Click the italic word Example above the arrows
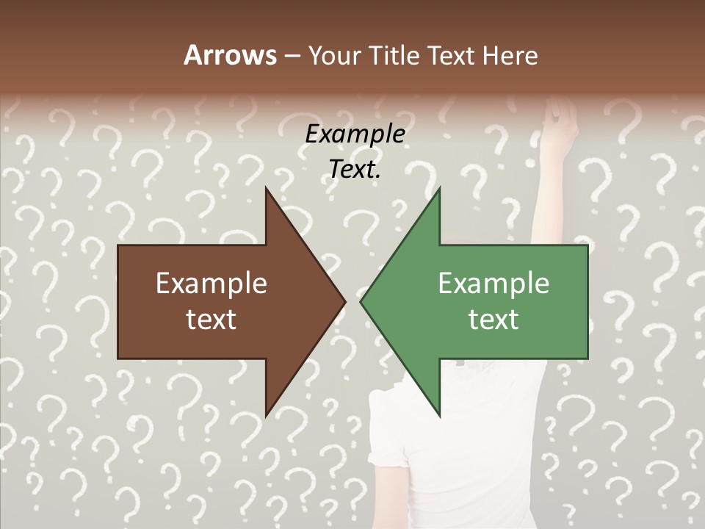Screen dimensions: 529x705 tap(355, 134)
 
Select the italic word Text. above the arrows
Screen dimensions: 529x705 tap(355, 169)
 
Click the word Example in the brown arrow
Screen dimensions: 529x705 tap(211, 283)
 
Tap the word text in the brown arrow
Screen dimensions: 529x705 tap(211, 319)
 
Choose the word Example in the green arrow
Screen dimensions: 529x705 tap(493, 283)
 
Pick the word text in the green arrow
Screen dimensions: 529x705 tap(493, 319)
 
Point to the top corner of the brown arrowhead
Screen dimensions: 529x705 tap(267, 190)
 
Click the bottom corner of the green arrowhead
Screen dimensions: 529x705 tap(438, 414)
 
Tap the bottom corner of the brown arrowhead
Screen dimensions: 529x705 tap(267, 414)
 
